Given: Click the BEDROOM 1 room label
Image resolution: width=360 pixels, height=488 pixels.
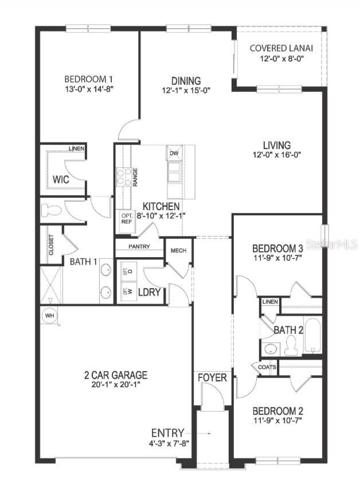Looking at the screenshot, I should pyautogui.click(x=88, y=79).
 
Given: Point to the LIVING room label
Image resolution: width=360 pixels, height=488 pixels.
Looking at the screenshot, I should pyautogui.click(x=277, y=145).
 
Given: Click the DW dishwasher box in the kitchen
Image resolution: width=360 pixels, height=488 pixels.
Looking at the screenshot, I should pyautogui.click(x=174, y=153).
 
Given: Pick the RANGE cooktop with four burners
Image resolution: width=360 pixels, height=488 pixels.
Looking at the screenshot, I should pyautogui.click(x=124, y=176).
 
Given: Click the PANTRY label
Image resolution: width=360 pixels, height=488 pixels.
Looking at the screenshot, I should pyautogui.click(x=139, y=247).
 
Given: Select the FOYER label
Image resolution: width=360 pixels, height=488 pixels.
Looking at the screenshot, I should pyautogui.click(x=213, y=378).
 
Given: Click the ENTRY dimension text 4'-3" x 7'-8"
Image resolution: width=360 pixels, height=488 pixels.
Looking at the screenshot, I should pyautogui.click(x=169, y=443).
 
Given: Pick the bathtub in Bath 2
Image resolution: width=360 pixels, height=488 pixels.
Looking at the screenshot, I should pyautogui.click(x=313, y=337).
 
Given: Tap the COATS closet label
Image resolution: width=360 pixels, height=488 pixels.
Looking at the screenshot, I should pyautogui.click(x=268, y=367).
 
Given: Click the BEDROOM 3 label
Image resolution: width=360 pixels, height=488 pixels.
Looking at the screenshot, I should pyautogui.click(x=278, y=249).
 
